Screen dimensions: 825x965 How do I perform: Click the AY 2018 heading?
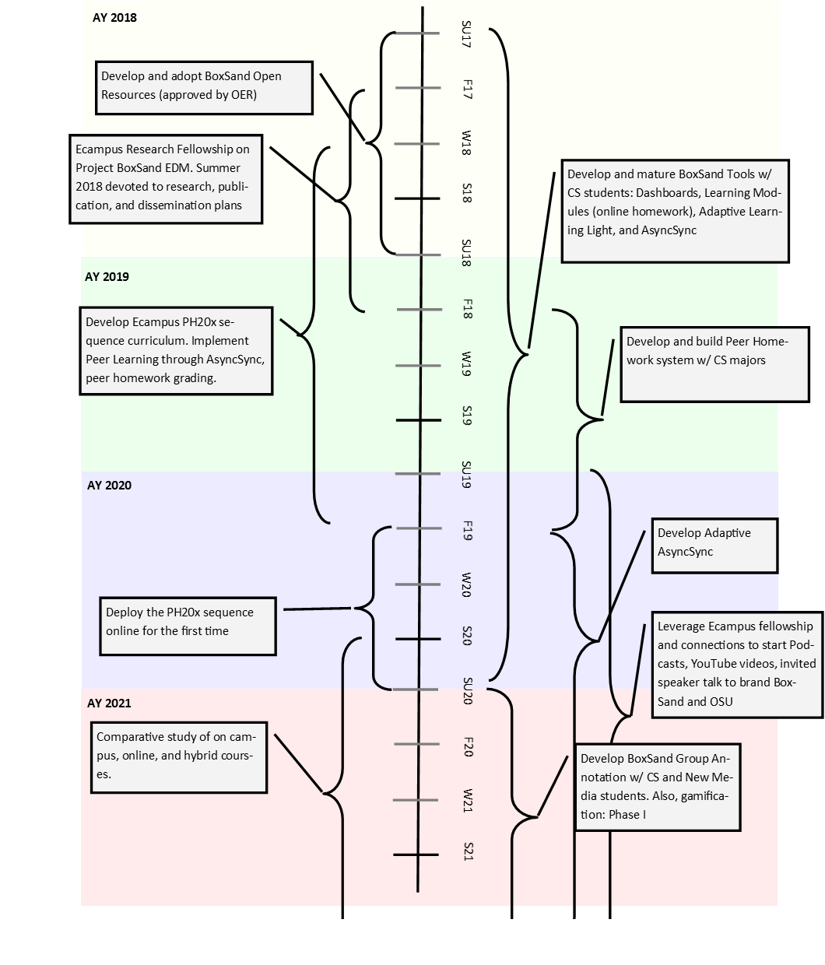tap(114, 18)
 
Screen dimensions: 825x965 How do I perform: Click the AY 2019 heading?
tap(107, 277)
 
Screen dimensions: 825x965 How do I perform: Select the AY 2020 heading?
tap(109, 486)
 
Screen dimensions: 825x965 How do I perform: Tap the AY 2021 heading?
tap(109, 704)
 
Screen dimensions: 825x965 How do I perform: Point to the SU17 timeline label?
tap(466, 34)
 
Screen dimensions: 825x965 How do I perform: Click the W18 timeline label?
tap(466, 143)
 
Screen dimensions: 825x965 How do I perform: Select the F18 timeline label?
tap(467, 309)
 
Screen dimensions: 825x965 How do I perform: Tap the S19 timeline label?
tap(467, 416)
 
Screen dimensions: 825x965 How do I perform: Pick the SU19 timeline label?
tap(466, 475)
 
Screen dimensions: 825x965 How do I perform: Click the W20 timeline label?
tap(466, 585)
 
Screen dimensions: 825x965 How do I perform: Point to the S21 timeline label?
tap(469, 851)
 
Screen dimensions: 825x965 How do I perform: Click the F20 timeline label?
tap(469, 747)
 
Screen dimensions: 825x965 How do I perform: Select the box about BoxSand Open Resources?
tap(204, 88)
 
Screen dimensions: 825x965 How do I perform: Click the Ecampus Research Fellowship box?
tap(166, 179)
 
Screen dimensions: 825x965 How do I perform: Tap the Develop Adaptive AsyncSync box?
tap(714, 546)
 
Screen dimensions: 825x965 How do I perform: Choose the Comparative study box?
tap(179, 758)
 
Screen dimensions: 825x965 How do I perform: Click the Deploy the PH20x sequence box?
tap(188, 626)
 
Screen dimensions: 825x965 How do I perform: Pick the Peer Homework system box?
tap(714, 365)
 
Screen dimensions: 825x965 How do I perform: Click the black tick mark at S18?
tap(417, 199)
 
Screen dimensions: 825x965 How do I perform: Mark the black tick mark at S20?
tap(418, 639)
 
